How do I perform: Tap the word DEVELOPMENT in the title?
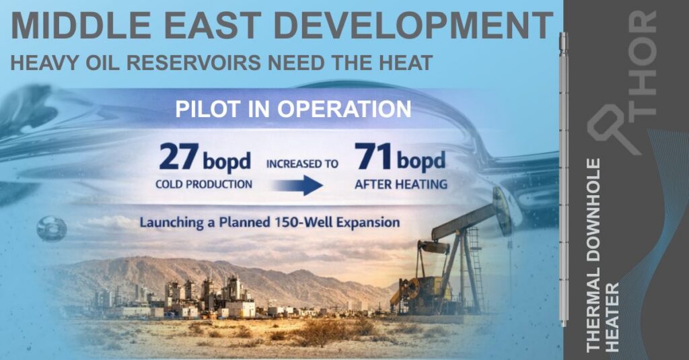pyautogui.click(x=413, y=26)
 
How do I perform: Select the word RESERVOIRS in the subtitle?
pyautogui.click(x=193, y=63)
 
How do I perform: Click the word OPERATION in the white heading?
pyautogui.click(x=344, y=109)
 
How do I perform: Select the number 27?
pyautogui.click(x=179, y=157)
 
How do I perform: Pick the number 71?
pyautogui.click(x=373, y=157)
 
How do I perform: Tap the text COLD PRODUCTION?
pyautogui.click(x=204, y=184)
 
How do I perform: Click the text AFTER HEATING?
pyautogui.click(x=401, y=184)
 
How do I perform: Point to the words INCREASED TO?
pyautogui.click(x=302, y=164)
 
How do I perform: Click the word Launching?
pyautogui.click(x=172, y=223)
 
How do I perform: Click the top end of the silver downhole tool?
pyautogui.click(x=563, y=34)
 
